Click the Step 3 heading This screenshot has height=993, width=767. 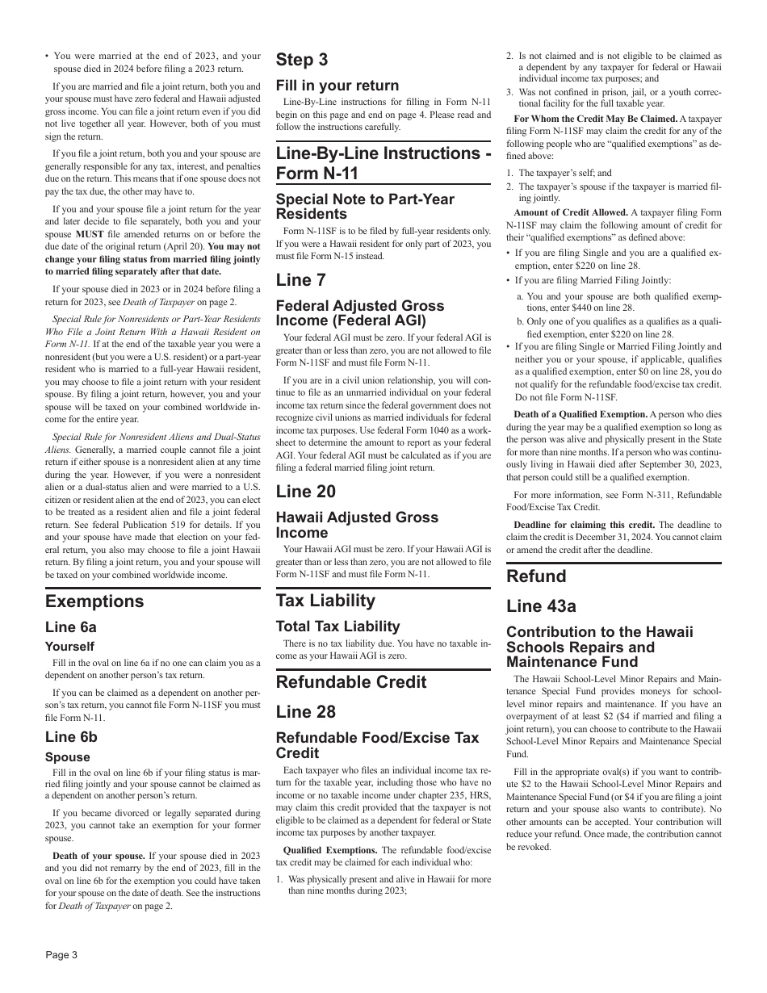302,60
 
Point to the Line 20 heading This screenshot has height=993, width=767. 306,492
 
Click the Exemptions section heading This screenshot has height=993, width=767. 94,601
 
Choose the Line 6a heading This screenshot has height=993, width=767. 71,627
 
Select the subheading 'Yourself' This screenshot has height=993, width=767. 69,647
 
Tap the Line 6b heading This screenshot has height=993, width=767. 71,736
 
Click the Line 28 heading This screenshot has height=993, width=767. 306,712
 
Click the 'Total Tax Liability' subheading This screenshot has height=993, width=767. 337,626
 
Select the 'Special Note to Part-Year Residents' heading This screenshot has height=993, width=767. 365,207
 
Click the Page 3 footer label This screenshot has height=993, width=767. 61,955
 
